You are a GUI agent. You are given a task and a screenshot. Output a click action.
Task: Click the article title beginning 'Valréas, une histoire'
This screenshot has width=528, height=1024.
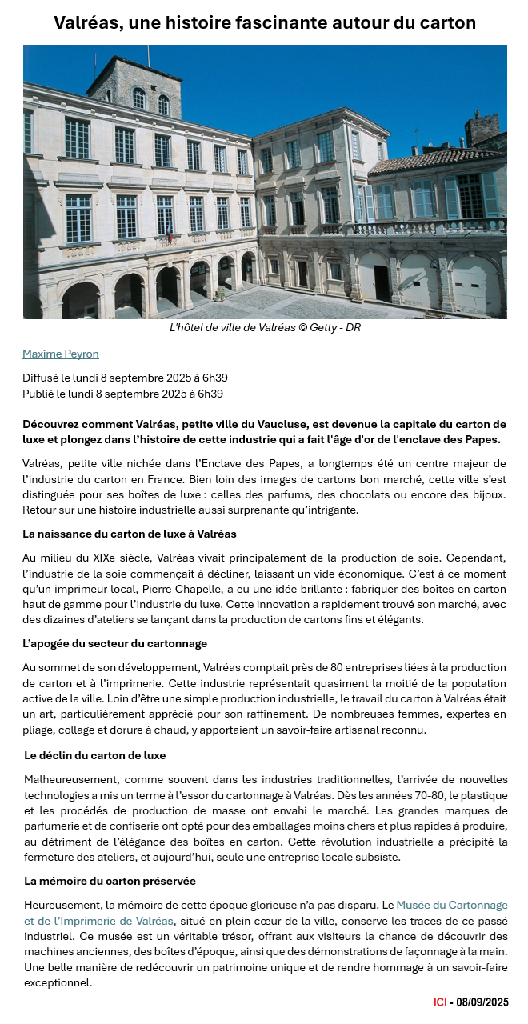click(x=264, y=22)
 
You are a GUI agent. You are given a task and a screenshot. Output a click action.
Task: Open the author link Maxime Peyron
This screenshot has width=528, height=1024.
click(x=60, y=354)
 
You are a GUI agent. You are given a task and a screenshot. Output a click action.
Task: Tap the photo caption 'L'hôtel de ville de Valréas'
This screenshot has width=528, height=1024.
click(x=264, y=327)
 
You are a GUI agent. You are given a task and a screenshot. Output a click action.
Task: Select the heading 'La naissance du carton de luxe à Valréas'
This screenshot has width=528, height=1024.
click(x=129, y=534)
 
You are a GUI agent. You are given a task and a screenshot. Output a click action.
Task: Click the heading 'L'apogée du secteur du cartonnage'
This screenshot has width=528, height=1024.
click(x=114, y=643)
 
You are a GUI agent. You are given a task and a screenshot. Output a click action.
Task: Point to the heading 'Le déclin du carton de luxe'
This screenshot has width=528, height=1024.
click(x=95, y=754)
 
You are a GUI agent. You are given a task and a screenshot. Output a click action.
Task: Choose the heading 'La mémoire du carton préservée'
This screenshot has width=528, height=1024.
click(x=110, y=881)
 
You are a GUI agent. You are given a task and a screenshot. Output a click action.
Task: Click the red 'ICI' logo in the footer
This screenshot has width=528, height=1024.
click(x=439, y=1002)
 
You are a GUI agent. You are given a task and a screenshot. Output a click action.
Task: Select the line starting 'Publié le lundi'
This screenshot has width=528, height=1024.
click(x=122, y=394)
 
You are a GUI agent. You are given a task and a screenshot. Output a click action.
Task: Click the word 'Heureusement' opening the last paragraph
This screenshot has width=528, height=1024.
click(x=62, y=905)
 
